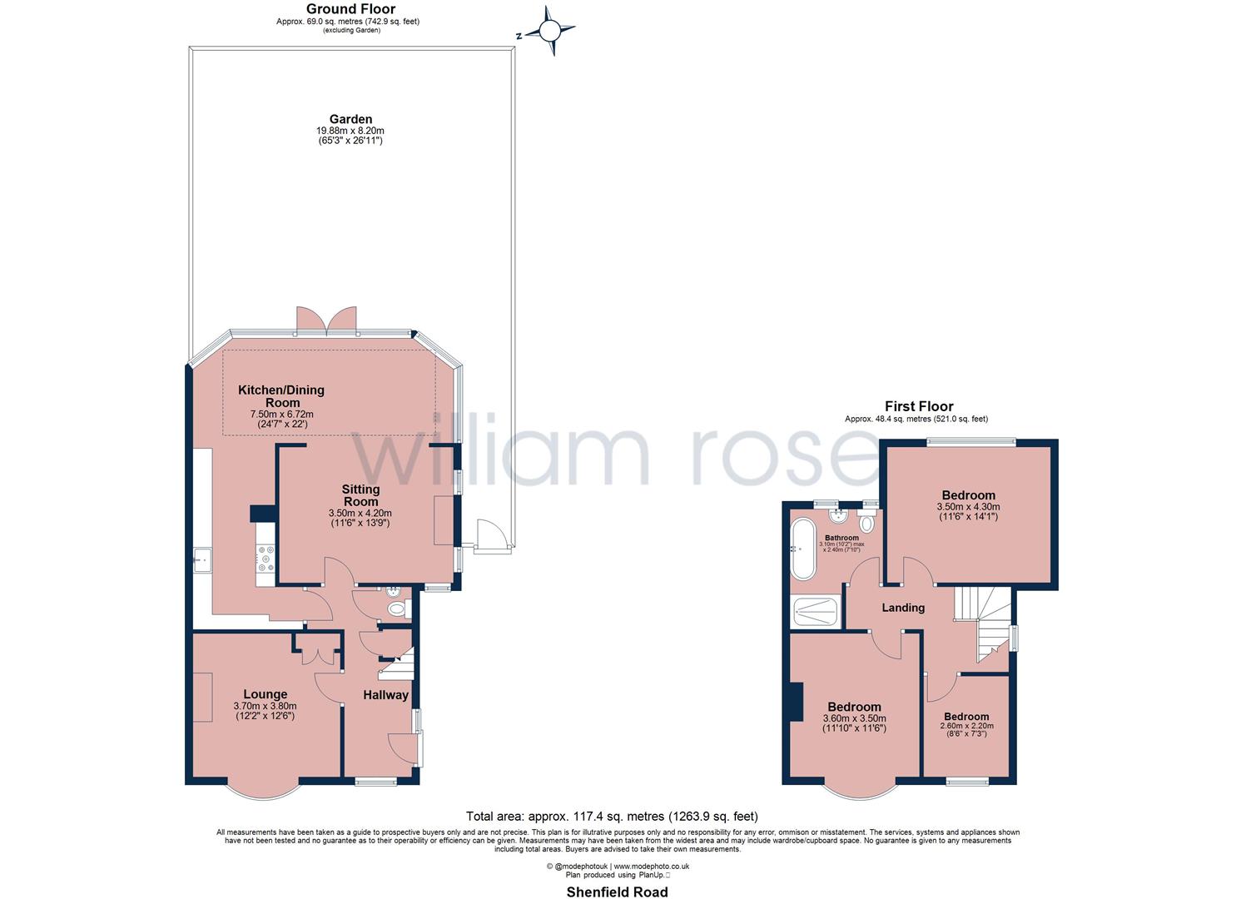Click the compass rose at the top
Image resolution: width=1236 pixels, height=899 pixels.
click(549, 32)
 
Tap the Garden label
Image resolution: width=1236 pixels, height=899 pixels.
click(350, 119)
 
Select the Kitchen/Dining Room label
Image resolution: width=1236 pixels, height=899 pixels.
click(281, 395)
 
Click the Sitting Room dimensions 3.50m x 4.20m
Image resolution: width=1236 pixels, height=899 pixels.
click(360, 513)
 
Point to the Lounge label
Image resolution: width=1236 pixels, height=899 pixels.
click(265, 694)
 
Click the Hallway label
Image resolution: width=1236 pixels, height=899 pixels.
click(385, 695)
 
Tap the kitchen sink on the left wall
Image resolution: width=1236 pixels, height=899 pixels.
click(202, 560)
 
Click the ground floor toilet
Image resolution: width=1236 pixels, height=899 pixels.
click(398, 608)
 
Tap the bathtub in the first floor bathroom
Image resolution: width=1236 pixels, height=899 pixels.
click(803, 549)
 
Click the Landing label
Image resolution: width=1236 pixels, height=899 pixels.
click(903, 608)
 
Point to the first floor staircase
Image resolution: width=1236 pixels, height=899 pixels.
click(982, 624)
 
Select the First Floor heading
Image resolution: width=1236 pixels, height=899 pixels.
click(918, 406)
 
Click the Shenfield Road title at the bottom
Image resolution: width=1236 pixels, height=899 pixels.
click(617, 892)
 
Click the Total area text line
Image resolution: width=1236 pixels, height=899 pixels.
click(612, 816)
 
